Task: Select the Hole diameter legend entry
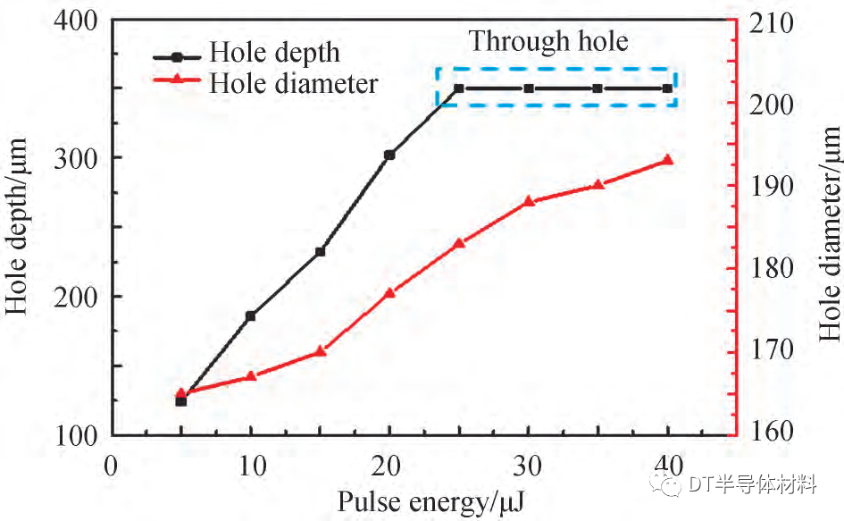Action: click(293, 83)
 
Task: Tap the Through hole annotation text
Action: click(548, 41)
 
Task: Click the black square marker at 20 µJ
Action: click(389, 155)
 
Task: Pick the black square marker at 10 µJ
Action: click(250, 315)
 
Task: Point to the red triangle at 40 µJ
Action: click(667, 160)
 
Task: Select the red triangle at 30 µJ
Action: click(529, 201)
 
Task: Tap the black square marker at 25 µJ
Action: click(459, 88)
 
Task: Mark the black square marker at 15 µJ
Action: click(321, 251)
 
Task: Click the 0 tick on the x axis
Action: click(111, 466)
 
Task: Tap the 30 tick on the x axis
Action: click(529, 466)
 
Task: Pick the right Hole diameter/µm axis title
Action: click(830, 234)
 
